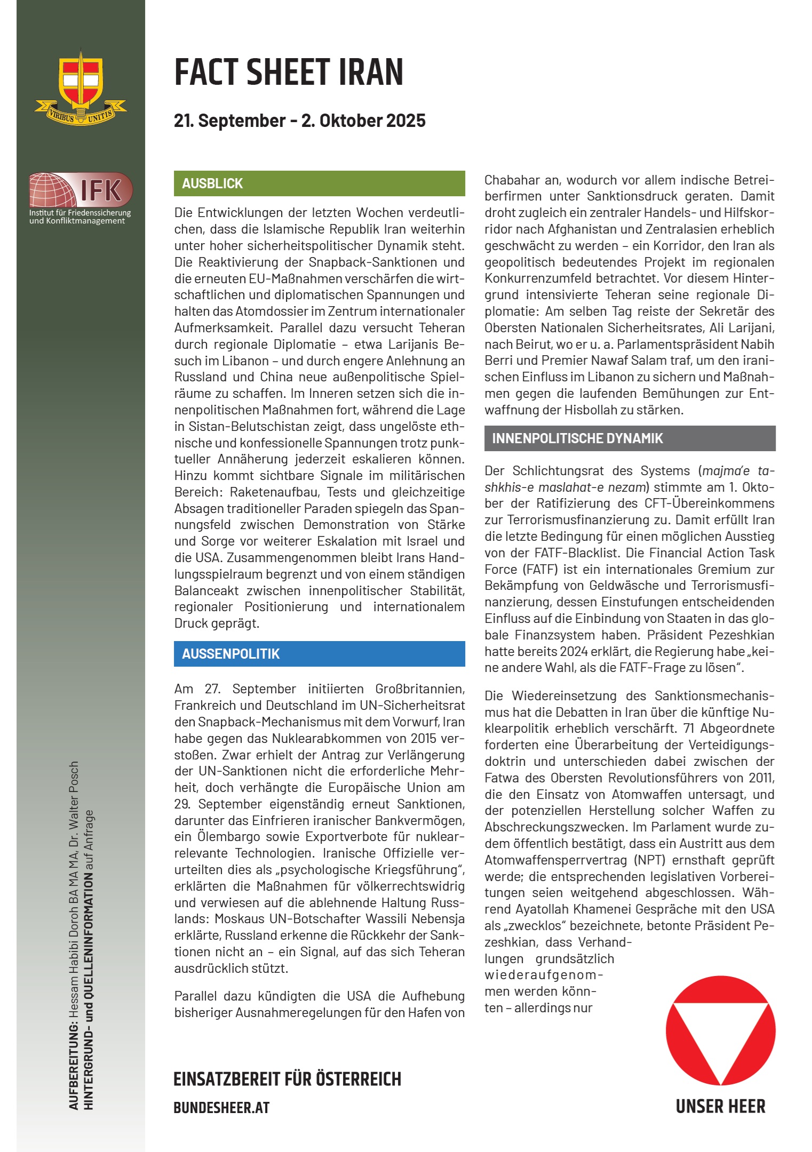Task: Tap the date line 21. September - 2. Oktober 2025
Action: click(299, 121)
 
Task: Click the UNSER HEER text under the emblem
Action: click(720, 1107)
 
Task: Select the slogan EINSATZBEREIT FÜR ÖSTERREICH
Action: click(287, 1079)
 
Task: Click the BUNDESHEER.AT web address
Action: click(221, 1108)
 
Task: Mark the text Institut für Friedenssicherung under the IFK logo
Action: click(80, 213)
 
